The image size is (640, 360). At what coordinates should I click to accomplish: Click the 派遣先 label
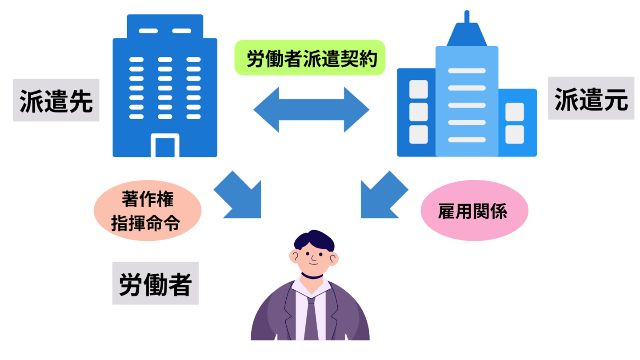pyautogui.click(x=56, y=100)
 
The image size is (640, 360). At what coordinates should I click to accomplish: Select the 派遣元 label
pyautogui.click(x=591, y=99)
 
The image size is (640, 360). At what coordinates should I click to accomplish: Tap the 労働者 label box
pyautogui.click(x=155, y=283)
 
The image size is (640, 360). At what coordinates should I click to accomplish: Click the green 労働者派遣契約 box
pyautogui.click(x=309, y=58)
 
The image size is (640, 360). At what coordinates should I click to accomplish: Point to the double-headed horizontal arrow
pyautogui.click(x=311, y=109)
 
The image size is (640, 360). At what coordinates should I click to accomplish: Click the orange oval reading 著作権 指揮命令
pyautogui.click(x=148, y=211)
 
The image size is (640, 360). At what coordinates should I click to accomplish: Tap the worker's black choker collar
pyautogui.click(x=311, y=277)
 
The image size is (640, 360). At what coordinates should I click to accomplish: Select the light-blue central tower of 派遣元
pyautogui.click(x=467, y=102)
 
